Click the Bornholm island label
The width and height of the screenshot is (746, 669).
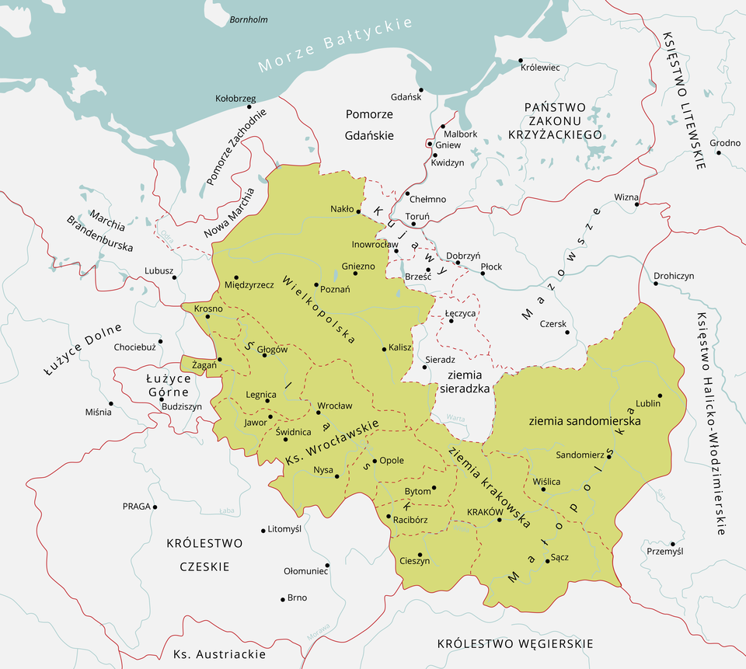(x=249, y=19)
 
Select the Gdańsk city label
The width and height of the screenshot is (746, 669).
(x=406, y=97)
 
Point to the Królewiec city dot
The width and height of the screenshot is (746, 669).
(x=520, y=60)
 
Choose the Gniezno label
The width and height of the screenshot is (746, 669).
(x=358, y=266)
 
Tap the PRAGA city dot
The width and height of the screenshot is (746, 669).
(x=155, y=507)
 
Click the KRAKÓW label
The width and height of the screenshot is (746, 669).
(x=481, y=512)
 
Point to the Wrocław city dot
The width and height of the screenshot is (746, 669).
(x=319, y=412)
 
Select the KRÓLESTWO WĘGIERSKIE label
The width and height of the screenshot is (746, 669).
(x=515, y=643)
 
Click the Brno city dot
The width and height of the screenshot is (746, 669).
(x=282, y=599)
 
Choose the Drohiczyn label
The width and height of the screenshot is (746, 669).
(x=674, y=275)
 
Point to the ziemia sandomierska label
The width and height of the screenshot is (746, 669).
(x=584, y=420)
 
